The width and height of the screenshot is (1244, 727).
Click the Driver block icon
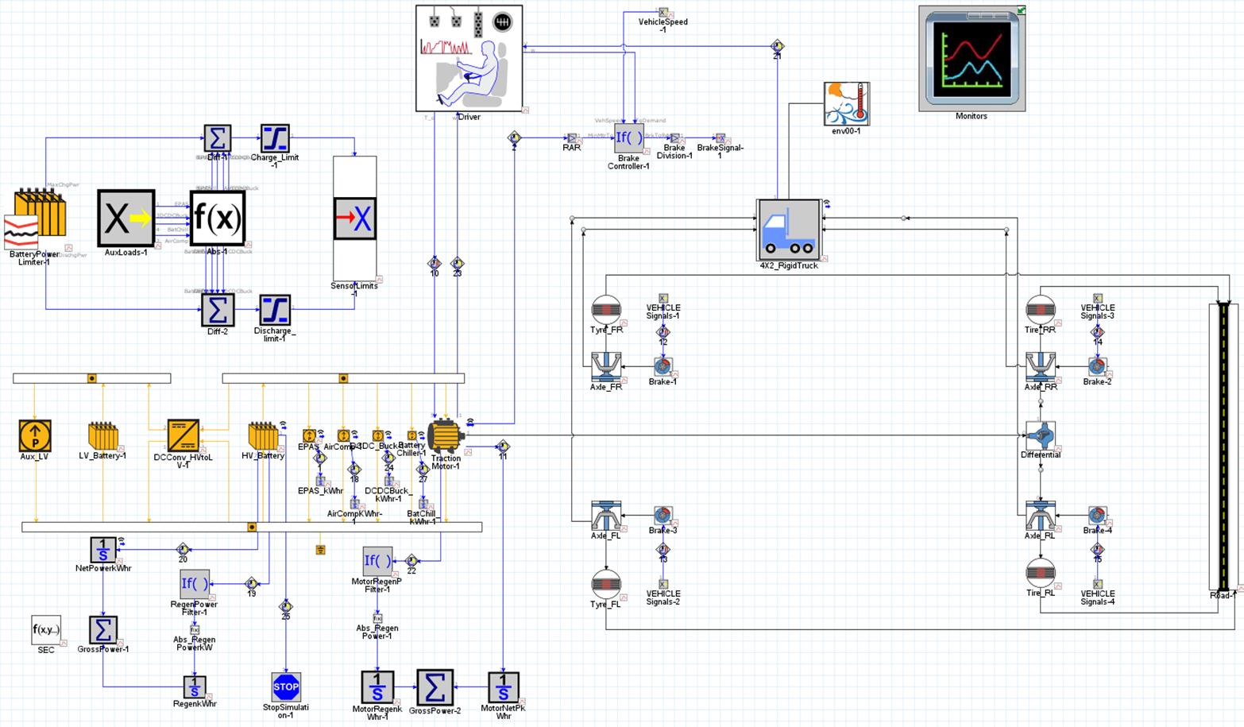pyautogui.click(x=469, y=59)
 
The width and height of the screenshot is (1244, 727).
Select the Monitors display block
pyautogui.click(x=972, y=59)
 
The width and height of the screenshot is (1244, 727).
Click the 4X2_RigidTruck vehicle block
pyautogui.click(x=789, y=230)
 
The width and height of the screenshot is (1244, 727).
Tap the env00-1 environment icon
pyautogui.click(x=846, y=103)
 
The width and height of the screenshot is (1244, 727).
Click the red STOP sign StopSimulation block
pyautogui.click(x=286, y=686)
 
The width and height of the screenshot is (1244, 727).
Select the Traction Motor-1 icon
pyautogui.click(x=444, y=435)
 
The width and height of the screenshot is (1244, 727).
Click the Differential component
pyautogui.click(x=1040, y=435)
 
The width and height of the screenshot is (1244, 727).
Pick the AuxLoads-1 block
pyautogui.click(x=126, y=218)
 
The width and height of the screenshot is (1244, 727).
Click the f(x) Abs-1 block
pyautogui.click(x=217, y=218)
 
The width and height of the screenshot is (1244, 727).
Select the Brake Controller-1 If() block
pyautogui.click(x=628, y=138)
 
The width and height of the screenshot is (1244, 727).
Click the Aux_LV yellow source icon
pyautogui.click(x=34, y=435)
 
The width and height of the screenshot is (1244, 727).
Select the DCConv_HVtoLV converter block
pyautogui.click(x=183, y=435)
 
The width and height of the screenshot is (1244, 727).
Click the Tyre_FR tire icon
pyautogui.click(x=606, y=310)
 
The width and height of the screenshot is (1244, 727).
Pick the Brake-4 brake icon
pyautogui.click(x=1097, y=516)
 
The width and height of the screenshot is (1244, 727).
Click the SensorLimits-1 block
pyautogui.click(x=354, y=218)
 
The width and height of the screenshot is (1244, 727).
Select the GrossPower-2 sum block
pyautogui.click(x=435, y=686)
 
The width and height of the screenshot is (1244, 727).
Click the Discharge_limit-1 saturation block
pyautogui.click(x=274, y=310)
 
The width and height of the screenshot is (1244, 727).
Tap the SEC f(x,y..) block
pyautogui.click(x=45, y=630)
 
